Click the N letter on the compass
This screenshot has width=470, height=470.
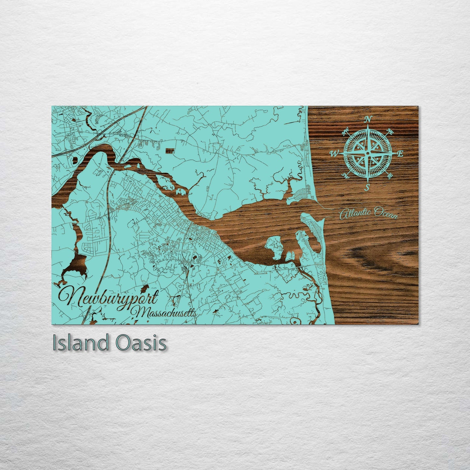368,119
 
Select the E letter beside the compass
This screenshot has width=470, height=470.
400,154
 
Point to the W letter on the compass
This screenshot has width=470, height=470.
334,154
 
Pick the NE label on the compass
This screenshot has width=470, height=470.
390,131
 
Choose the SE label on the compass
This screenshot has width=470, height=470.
389,176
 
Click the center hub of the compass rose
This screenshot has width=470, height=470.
368,153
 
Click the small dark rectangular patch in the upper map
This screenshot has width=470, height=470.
169,151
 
